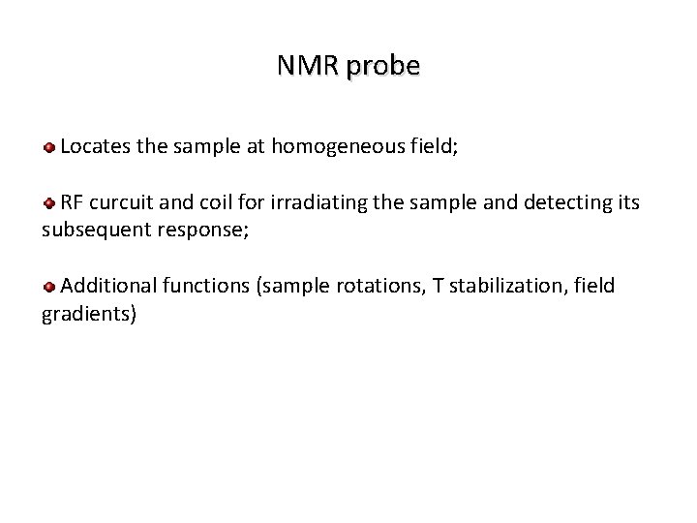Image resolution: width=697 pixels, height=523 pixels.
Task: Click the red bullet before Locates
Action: coord(48,148)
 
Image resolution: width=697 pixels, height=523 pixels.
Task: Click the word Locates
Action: coord(95,147)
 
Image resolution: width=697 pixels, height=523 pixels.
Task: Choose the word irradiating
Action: coord(319,202)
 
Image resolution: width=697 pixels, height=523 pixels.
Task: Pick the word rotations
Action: coord(379,285)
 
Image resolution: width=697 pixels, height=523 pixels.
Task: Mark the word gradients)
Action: coord(89,313)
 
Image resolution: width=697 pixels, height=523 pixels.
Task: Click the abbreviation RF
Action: coord(71,202)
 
